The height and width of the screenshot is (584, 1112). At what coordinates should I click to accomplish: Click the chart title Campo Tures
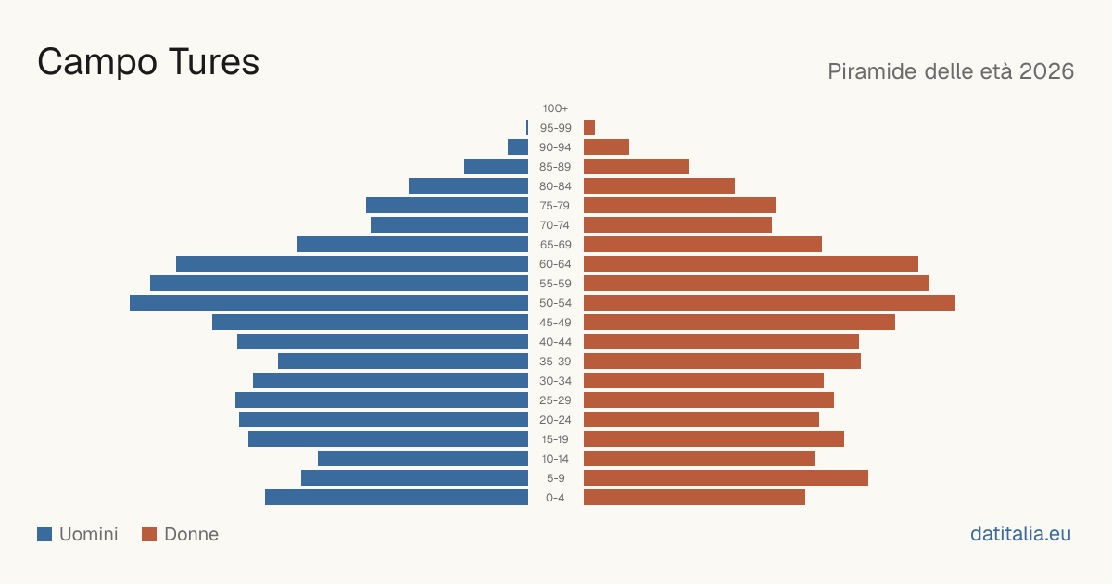(148, 62)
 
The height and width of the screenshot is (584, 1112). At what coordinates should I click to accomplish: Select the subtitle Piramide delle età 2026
(951, 71)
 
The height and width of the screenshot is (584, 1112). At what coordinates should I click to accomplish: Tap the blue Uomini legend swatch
(44, 534)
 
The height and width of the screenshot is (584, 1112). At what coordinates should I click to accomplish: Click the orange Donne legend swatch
(149, 534)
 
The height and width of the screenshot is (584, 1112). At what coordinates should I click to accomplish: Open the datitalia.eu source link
(1020, 534)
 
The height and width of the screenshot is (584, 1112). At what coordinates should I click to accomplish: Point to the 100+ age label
(555, 108)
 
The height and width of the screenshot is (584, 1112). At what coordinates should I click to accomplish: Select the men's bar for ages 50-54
(329, 303)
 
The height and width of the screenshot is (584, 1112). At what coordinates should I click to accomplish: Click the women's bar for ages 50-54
(769, 303)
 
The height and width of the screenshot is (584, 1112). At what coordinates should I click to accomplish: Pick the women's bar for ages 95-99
(589, 128)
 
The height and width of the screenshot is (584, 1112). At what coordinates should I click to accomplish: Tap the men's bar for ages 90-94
(518, 147)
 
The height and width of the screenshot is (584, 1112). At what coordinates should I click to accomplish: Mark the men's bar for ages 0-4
(397, 498)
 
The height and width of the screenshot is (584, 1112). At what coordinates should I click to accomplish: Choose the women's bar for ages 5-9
(726, 478)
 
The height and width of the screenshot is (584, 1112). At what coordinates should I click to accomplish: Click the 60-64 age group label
(555, 264)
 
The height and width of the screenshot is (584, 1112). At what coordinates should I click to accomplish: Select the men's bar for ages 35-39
(403, 362)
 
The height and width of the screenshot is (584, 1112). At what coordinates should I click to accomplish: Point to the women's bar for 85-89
(637, 167)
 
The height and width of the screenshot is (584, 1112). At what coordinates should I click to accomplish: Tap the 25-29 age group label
(555, 400)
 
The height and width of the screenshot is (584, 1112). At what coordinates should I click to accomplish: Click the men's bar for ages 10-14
(423, 459)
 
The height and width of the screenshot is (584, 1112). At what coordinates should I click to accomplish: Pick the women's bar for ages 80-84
(659, 186)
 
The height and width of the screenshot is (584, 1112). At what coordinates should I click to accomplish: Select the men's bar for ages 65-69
(412, 245)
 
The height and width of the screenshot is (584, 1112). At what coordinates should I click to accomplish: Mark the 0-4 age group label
(555, 498)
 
